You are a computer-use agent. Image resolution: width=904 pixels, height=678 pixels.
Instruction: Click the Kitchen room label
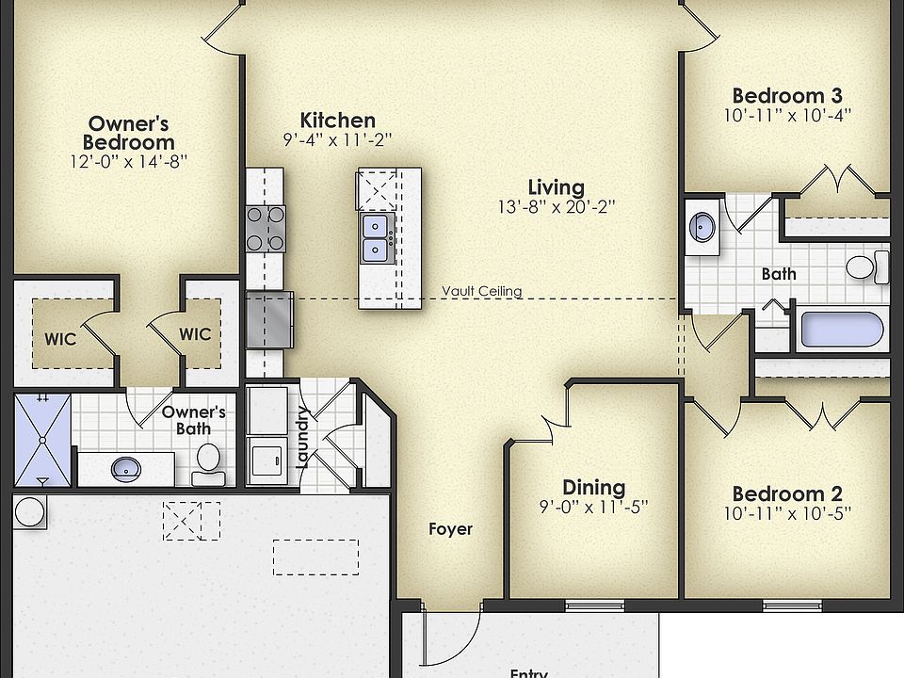(337, 120)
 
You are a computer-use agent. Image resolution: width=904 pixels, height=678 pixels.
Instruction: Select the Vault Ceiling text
(481, 292)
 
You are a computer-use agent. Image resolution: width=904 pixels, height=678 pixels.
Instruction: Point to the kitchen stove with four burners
(265, 228)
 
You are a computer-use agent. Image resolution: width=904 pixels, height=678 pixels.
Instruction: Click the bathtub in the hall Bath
(841, 329)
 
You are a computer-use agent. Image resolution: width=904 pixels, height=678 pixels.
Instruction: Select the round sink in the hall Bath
(702, 227)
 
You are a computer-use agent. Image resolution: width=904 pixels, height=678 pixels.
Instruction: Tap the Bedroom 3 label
(786, 95)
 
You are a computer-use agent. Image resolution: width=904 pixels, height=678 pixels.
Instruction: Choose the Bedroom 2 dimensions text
(786, 513)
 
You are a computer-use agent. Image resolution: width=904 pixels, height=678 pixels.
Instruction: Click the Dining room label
(593, 487)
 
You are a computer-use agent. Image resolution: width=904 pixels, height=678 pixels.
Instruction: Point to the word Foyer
(450, 529)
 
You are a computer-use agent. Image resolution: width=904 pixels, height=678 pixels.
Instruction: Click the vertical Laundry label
(303, 437)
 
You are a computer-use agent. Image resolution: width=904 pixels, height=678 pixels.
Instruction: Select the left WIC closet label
(60, 335)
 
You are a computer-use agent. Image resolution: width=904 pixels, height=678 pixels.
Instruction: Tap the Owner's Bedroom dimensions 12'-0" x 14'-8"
(129, 161)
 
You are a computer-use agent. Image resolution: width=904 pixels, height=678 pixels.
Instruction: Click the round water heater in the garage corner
(30, 512)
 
